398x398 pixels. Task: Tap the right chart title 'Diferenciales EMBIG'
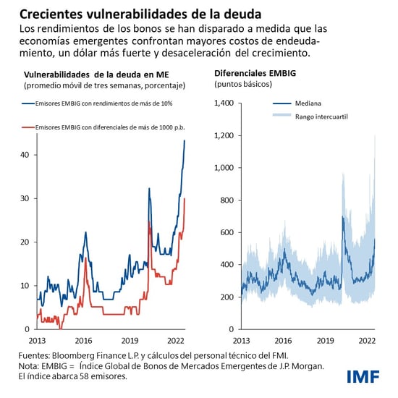pyautogui.click(x=255, y=75)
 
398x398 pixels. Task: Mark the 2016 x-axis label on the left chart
pyautogui.click(x=84, y=339)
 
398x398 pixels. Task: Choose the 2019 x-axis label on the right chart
pyautogui.click(x=328, y=339)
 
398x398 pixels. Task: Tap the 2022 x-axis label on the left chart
pyautogui.click(x=175, y=339)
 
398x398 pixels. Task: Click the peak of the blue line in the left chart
pyautogui.click(x=185, y=140)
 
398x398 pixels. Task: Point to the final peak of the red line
pyautogui.click(x=185, y=198)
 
